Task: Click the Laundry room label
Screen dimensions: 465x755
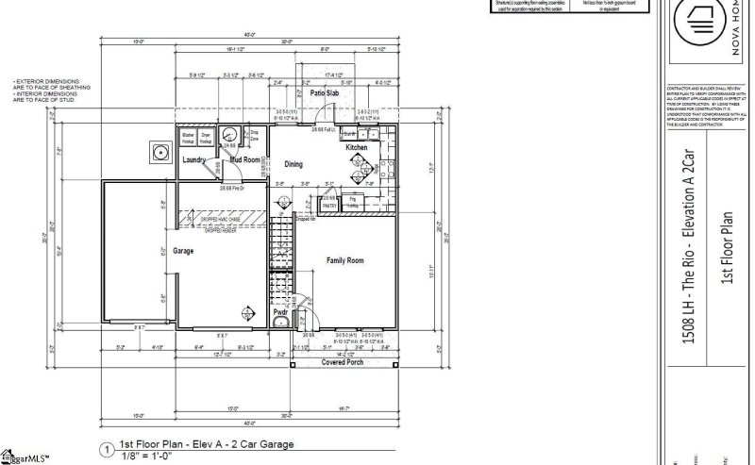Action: click(x=193, y=160)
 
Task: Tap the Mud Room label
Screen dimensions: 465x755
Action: click(x=245, y=160)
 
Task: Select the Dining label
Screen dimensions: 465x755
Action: click(x=294, y=164)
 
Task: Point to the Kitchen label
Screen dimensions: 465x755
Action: click(x=356, y=148)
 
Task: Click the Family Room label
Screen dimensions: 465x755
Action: click(x=345, y=259)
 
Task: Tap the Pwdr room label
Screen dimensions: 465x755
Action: click(x=280, y=311)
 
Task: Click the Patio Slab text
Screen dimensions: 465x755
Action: click(x=325, y=94)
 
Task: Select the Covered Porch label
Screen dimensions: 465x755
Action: click(x=343, y=362)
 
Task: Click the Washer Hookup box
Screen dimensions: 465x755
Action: click(x=188, y=138)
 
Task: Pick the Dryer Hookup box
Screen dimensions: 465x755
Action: click(x=206, y=138)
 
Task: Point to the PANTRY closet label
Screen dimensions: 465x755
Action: click(x=329, y=203)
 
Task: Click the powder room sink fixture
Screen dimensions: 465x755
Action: click(x=279, y=324)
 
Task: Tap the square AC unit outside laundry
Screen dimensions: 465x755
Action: click(x=154, y=151)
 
